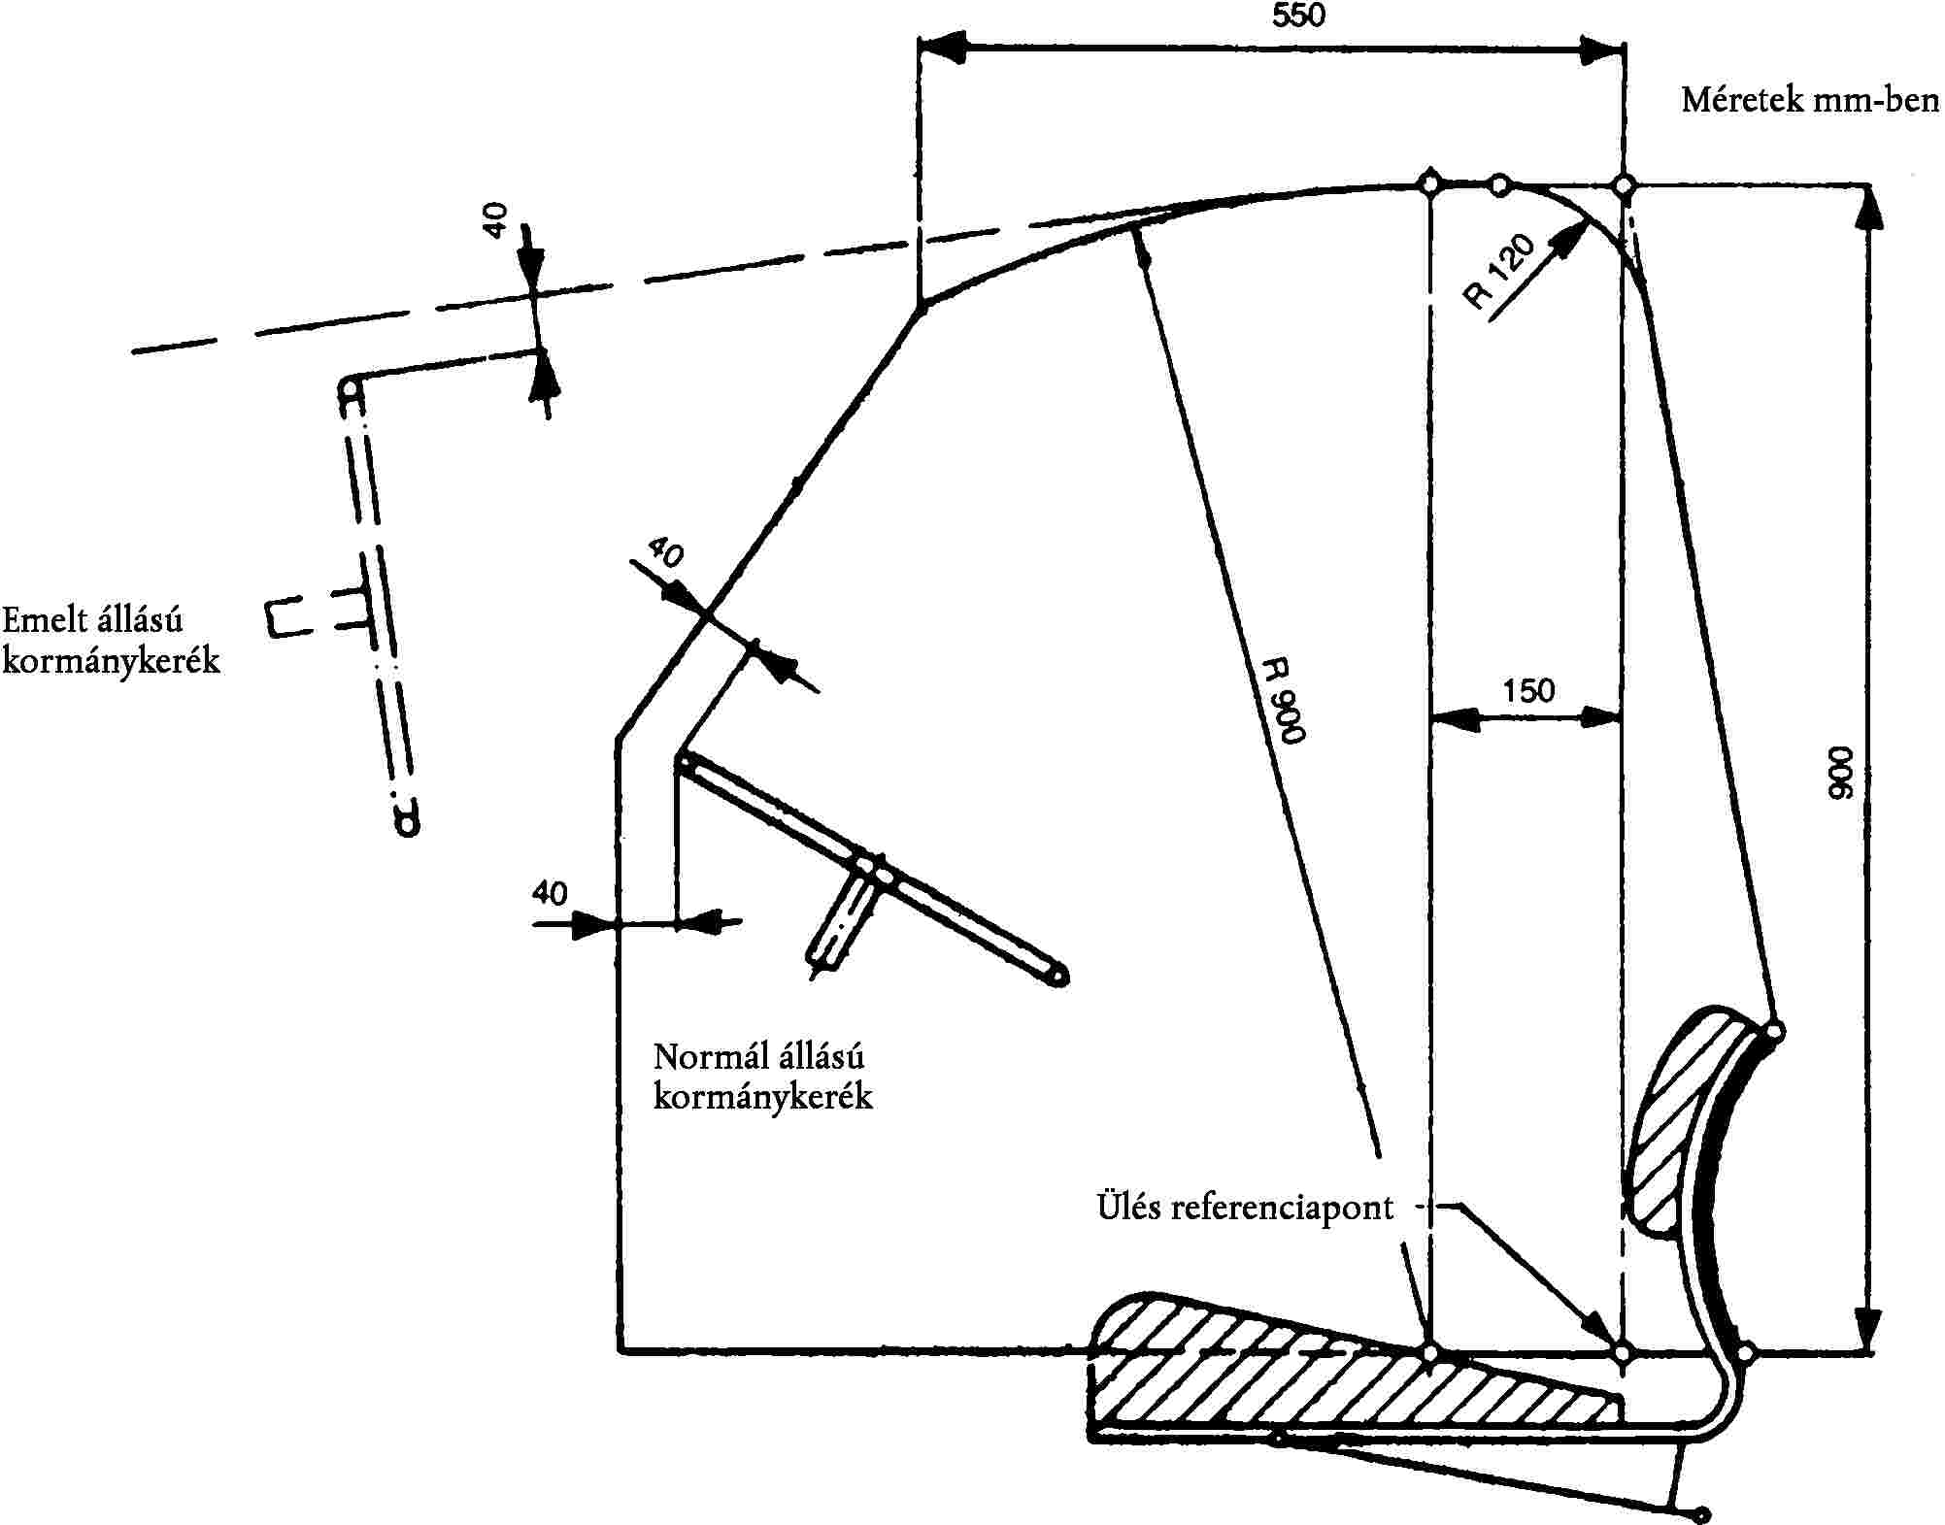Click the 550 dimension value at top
click(x=1298, y=16)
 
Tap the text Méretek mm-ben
click(x=1810, y=100)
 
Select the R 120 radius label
click(x=1501, y=272)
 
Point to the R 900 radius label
click(x=1283, y=701)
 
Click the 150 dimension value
click(x=1528, y=691)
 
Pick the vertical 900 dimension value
click(x=1839, y=773)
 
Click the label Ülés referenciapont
click(x=1245, y=1208)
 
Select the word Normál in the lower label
click(x=701, y=1056)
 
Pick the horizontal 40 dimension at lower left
click(x=550, y=893)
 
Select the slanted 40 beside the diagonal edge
click(x=665, y=552)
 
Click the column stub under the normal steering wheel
click(x=841, y=917)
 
